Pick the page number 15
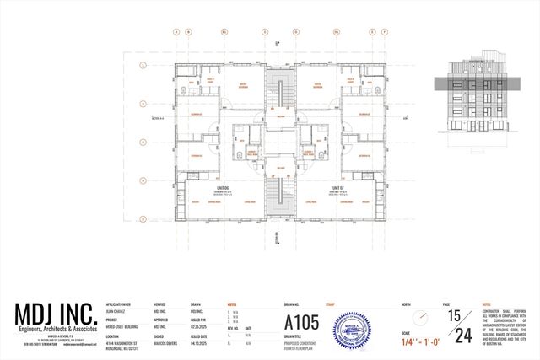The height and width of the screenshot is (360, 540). [x=455, y=315]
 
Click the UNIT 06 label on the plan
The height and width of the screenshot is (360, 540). [x=222, y=186]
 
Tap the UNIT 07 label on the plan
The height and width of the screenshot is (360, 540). [x=337, y=186]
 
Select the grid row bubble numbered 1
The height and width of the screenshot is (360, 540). [x=144, y=63]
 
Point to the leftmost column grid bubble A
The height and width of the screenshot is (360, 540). [x=175, y=32]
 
